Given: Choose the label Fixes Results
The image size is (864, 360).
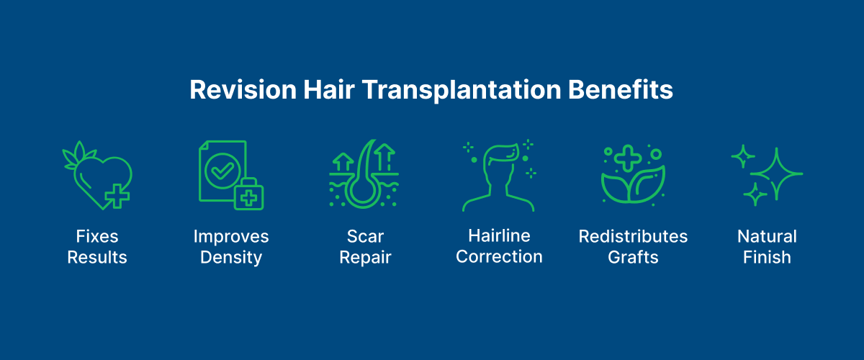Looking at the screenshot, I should [97, 246].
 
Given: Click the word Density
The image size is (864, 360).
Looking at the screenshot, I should [230, 257].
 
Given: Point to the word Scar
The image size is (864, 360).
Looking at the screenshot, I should [366, 236].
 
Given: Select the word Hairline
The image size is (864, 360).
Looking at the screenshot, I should [499, 236].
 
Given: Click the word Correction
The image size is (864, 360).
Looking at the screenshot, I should [499, 257].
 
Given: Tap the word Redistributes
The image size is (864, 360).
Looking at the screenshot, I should [633, 236].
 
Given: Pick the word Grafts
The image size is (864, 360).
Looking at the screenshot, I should [633, 257].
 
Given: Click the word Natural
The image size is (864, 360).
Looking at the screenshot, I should [767, 236].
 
